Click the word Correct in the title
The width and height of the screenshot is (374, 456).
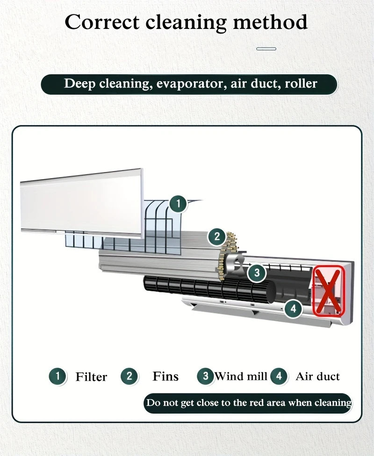pyautogui.click(x=102, y=22)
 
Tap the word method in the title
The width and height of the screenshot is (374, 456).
pyautogui.click(x=270, y=22)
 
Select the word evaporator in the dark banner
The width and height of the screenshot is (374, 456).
pyautogui.click(x=192, y=84)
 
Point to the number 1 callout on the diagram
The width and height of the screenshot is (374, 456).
pyautogui.click(x=178, y=204)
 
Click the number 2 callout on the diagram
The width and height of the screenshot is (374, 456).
pyautogui.click(x=217, y=236)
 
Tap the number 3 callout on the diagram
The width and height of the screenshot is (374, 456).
pyautogui.click(x=257, y=273)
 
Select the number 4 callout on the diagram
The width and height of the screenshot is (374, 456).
pyautogui.click(x=294, y=308)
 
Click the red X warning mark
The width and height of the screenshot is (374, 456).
pyautogui.click(x=329, y=291)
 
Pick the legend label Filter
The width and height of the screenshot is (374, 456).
pyautogui.click(x=91, y=377)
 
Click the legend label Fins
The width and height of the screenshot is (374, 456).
pyautogui.click(x=165, y=376)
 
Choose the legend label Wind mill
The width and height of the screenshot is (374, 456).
pyautogui.click(x=241, y=376)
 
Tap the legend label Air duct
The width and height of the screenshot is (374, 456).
pyautogui.click(x=317, y=376)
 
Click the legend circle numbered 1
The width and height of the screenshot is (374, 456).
pyautogui.click(x=58, y=376)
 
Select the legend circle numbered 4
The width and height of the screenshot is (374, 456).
pyautogui.click(x=279, y=376)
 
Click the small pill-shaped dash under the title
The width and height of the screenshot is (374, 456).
pyautogui.click(x=266, y=49)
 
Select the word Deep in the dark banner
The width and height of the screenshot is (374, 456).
pyautogui.click(x=79, y=84)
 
